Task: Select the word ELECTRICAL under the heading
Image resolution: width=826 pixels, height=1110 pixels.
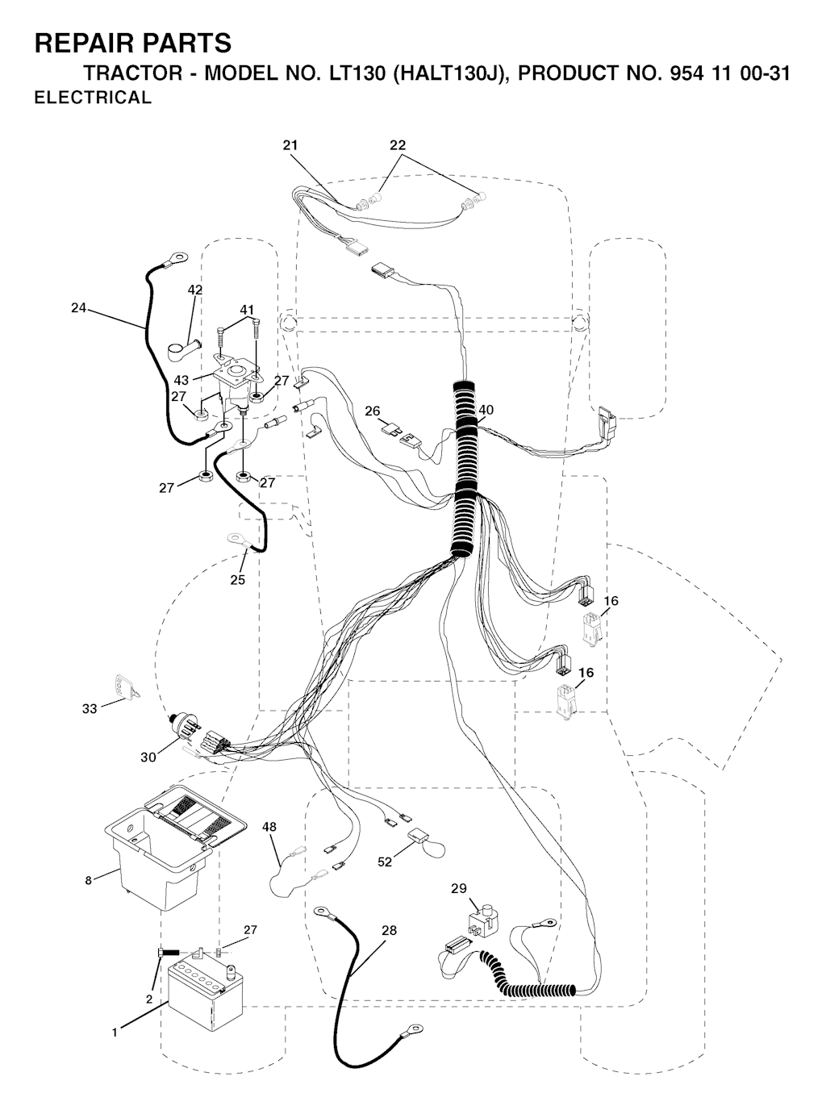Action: [x=93, y=98]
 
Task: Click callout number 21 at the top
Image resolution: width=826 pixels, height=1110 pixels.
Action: [x=290, y=145]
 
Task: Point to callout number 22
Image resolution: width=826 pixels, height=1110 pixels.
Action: [x=398, y=145]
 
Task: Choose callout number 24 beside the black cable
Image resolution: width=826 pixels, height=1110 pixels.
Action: [x=78, y=308]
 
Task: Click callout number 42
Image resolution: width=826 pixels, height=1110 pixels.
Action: [x=194, y=290]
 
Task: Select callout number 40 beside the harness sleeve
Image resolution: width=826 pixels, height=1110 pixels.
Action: [x=486, y=410]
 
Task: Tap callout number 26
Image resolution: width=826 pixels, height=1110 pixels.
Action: [x=373, y=411]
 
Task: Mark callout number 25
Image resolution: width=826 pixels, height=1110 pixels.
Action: [x=238, y=579]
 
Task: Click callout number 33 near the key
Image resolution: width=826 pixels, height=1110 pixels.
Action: [x=90, y=708]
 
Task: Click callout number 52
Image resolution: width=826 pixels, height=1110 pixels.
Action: [x=385, y=862]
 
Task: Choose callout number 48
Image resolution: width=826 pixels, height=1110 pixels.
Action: [x=269, y=827]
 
